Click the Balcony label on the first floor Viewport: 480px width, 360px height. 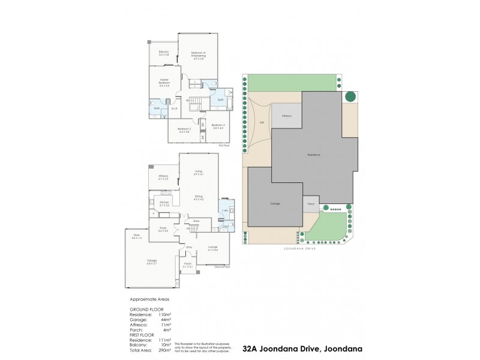[164, 53]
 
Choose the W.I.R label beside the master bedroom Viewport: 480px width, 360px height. [175, 109]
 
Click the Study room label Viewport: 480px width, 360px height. [163, 228]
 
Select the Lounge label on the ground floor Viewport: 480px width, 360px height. [212, 247]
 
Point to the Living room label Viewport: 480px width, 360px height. [198, 172]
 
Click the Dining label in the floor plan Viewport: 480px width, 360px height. [198, 196]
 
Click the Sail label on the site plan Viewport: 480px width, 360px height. [262, 122]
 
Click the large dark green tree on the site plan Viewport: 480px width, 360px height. [350, 97]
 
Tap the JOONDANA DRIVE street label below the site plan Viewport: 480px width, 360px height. [298, 250]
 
